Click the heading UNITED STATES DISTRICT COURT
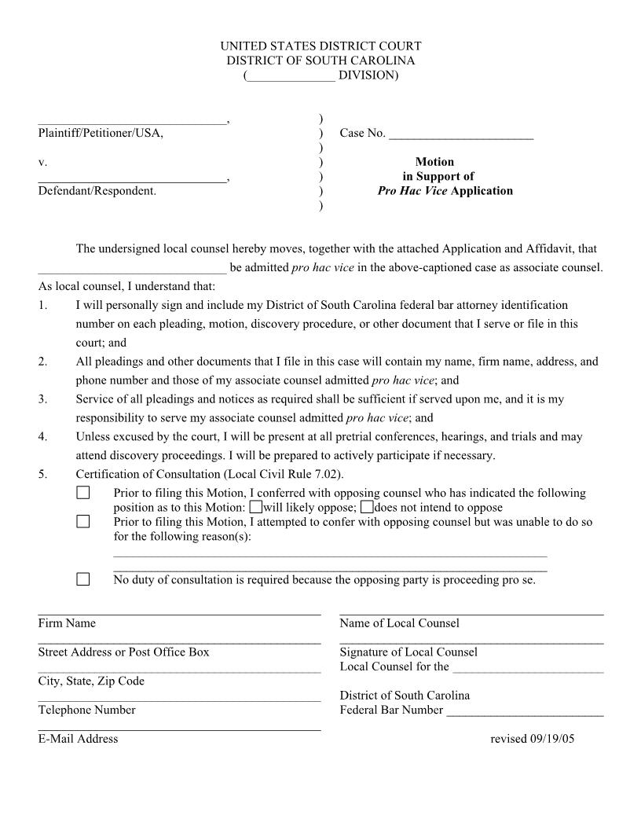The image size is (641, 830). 320,46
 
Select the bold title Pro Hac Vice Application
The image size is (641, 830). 445,190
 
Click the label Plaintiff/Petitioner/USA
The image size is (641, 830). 101,133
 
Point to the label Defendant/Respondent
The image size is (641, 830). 97,190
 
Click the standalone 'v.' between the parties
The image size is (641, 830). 42,162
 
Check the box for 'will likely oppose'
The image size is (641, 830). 256,508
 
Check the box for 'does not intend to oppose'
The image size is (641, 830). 367,508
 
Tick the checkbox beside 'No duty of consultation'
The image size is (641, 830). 83,580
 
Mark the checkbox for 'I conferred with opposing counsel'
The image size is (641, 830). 83,494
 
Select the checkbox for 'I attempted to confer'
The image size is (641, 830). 83,522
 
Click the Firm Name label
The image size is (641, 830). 67,623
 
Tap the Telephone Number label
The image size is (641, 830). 86,710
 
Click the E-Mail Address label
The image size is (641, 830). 78,738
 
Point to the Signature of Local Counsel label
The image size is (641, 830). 408,652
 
